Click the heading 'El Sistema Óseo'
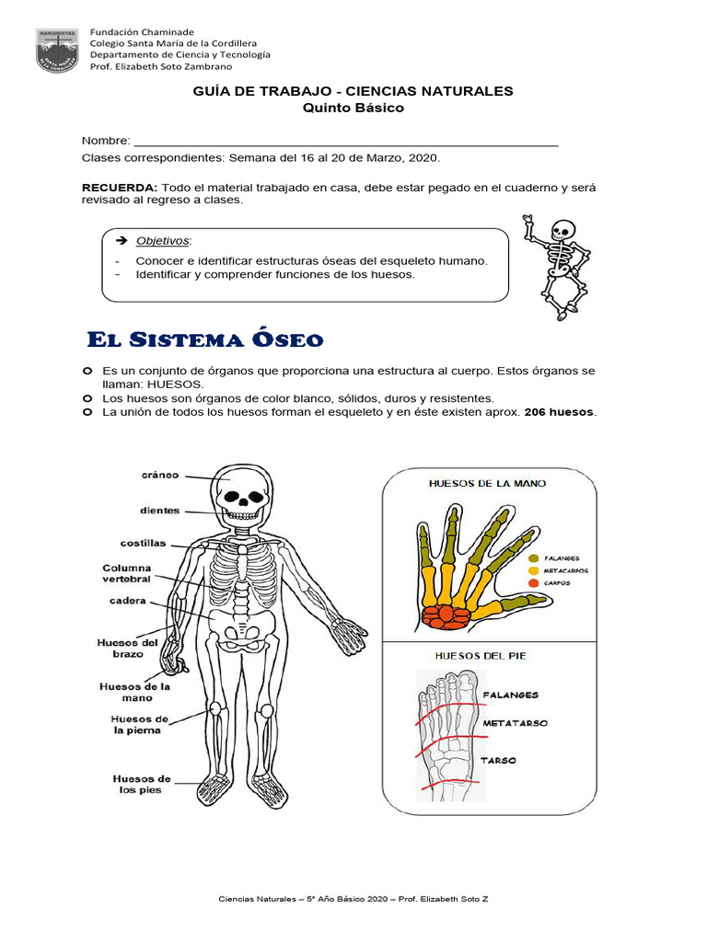204,340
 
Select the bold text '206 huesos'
560,412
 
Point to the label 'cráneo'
160,476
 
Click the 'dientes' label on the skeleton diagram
159,511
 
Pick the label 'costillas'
144,544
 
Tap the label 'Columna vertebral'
127,575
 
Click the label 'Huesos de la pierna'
136,725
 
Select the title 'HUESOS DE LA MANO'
487,483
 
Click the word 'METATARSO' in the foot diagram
515,723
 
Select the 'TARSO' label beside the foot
498,761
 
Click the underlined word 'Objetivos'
161,241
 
